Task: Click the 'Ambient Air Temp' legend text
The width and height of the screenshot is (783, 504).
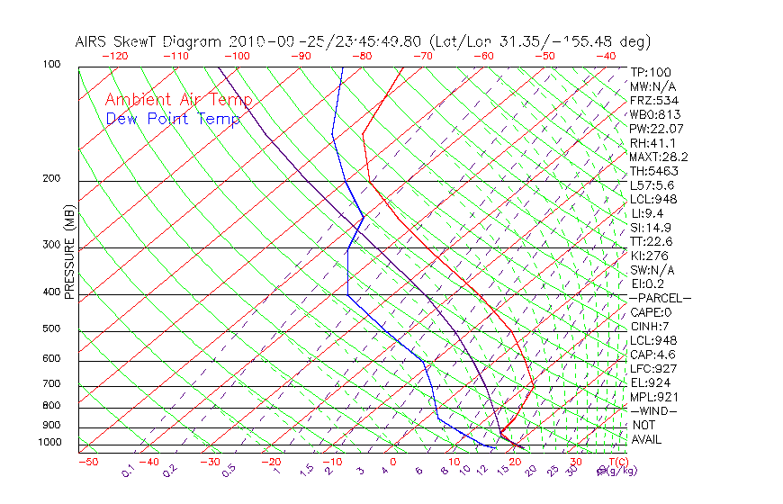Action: point(178,100)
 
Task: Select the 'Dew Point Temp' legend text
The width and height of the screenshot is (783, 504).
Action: point(173,119)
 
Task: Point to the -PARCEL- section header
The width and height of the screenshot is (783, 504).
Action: point(660,298)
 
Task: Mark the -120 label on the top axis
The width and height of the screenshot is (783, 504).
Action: point(115,56)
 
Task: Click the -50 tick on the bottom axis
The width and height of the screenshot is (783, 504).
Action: point(87,463)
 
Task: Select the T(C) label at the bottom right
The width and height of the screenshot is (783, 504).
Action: point(611,463)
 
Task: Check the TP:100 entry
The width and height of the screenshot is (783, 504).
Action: point(651,72)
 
